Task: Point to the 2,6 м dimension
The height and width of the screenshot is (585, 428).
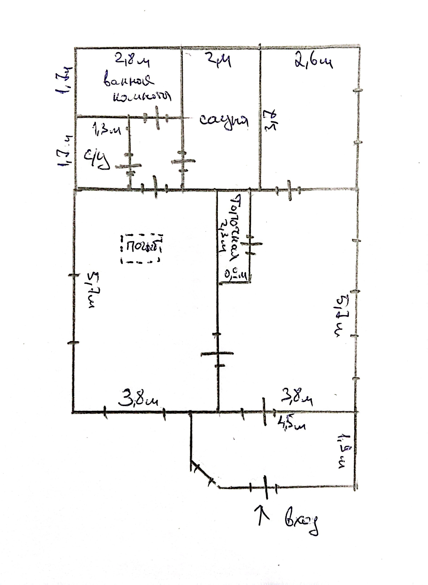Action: (x=313, y=62)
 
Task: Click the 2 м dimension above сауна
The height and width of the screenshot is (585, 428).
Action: (x=218, y=60)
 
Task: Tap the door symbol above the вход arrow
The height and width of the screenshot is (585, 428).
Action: (x=265, y=487)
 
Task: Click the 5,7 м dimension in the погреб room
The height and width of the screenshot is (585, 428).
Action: (x=91, y=290)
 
